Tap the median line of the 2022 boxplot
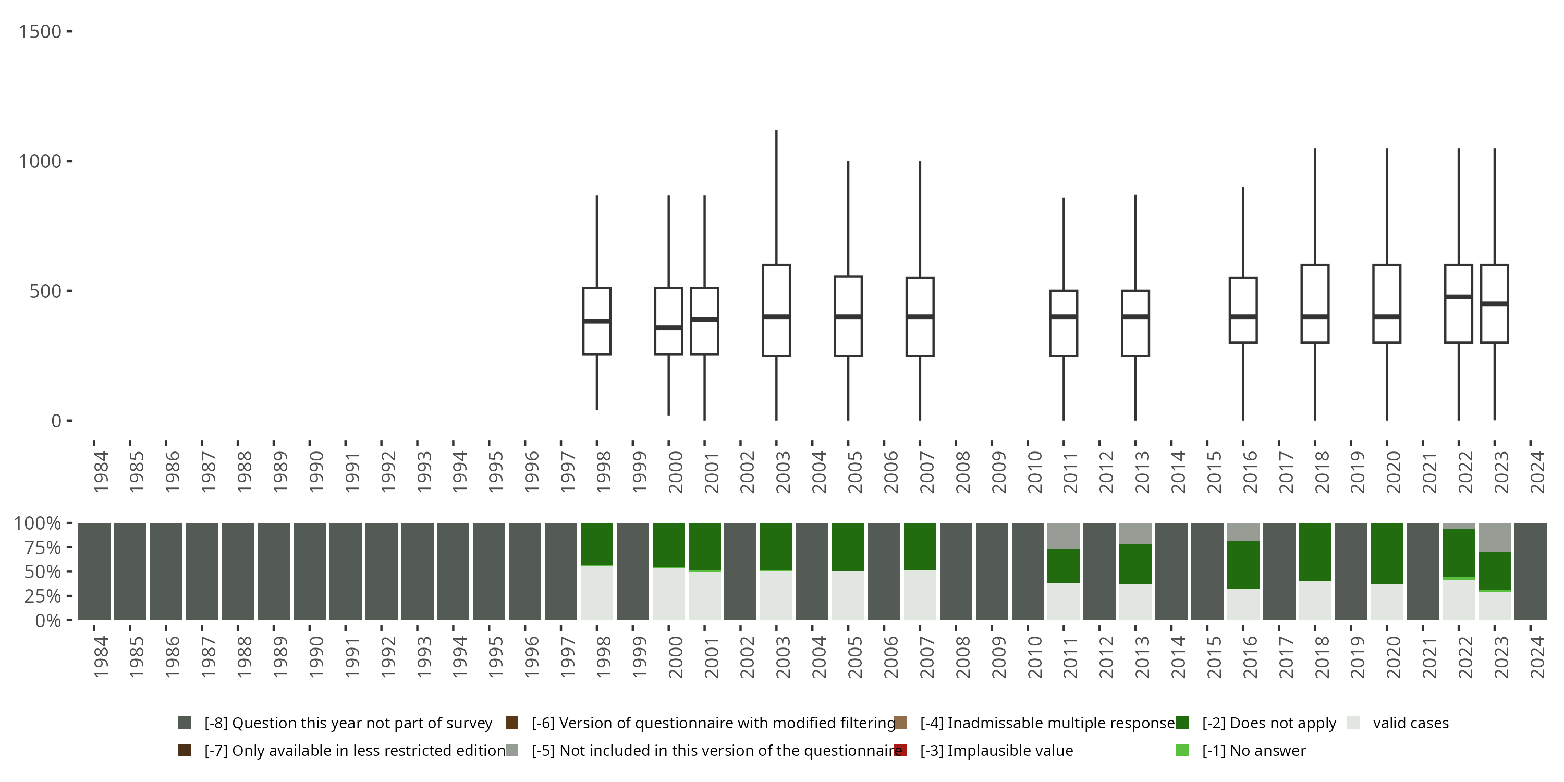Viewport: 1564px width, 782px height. coord(1458,296)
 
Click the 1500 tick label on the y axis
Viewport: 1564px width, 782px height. coord(40,32)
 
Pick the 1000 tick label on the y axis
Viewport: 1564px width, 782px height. coord(40,162)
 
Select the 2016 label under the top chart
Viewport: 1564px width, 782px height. coord(1250,472)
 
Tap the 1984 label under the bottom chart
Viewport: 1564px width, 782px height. coord(101,657)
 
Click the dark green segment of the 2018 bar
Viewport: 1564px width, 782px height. coord(1315,551)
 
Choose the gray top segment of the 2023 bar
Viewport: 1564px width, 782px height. coord(1494,537)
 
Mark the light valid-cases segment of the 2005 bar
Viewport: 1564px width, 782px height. coord(848,595)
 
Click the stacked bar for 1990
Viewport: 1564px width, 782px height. coord(310,571)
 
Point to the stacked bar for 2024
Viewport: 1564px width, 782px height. coord(1530,571)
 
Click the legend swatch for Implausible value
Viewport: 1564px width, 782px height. coord(900,750)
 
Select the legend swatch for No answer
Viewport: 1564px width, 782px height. coord(1182,750)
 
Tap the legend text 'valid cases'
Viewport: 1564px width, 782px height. coord(1410,723)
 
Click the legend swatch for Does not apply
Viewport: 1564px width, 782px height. coord(1182,723)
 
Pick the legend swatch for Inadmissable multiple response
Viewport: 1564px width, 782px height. coord(900,723)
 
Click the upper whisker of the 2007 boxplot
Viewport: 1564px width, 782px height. coord(920,218)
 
